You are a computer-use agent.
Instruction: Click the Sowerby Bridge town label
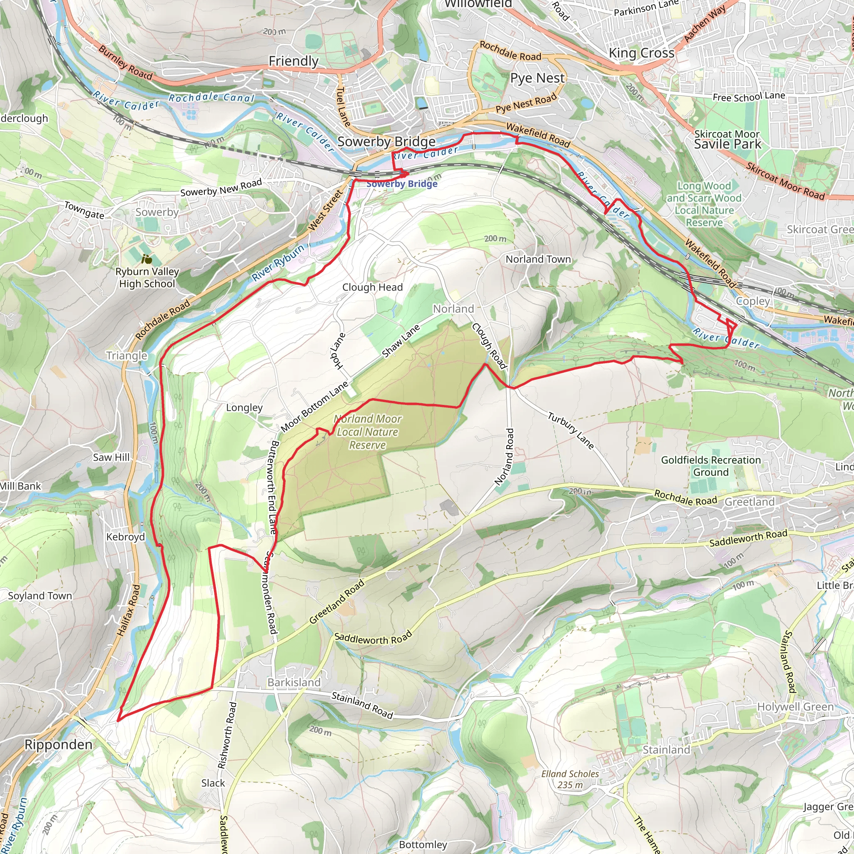coord(386,142)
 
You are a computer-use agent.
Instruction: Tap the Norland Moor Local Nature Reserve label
coord(367,432)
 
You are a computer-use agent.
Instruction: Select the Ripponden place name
coord(58,744)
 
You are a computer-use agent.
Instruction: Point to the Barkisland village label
coord(294,683)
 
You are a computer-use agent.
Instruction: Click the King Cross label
coord(641,53)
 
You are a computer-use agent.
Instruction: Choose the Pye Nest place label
coord(537,78)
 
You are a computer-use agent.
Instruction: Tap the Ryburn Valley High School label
coord(147,277)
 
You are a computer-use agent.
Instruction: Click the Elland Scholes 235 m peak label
coord(570,779)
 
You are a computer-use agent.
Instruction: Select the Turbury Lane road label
coord(571,430)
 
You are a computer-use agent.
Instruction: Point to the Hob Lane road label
coord(338,352)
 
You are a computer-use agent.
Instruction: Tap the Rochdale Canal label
coord(211,98)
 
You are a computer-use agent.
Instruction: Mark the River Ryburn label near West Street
coord(278,263)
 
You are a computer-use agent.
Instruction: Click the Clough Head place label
coord(372,287)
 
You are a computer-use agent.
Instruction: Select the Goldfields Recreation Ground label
coord(711,466)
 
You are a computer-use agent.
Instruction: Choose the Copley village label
coord(753,301)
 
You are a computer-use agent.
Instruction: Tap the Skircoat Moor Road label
coord(786,181)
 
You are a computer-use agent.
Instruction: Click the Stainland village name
coord(666,750)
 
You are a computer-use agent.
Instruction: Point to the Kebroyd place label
coord(126,537)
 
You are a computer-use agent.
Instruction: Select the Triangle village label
coord(126,356)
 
